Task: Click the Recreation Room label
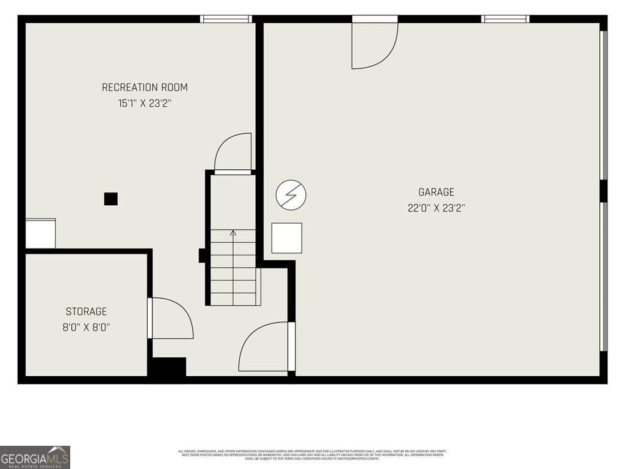[x=145, y=87]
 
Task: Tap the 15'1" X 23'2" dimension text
[x=145, y=103]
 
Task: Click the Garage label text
[x=436, y=192]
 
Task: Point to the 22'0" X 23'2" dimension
[x=436, y=208]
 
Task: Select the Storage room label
[x=86, y=311]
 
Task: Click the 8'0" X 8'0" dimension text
[x=86, y=327]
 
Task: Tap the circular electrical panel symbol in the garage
[x=291, y=195]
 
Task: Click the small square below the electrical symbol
[x=287, y=238]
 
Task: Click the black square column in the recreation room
[x=110, y=199]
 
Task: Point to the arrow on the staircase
[x=233, y=233]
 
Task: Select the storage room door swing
[x=172, y=318]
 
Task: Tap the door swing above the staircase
[x=233, y=153]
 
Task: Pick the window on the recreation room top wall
[x=226, y=19]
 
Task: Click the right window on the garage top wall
[x=505, y=19]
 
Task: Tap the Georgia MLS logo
[x=35, y=457]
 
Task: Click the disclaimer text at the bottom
[x=312, y=455]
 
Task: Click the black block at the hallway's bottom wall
[x=168, y=366]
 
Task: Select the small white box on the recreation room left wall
[x=40, y=233]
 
